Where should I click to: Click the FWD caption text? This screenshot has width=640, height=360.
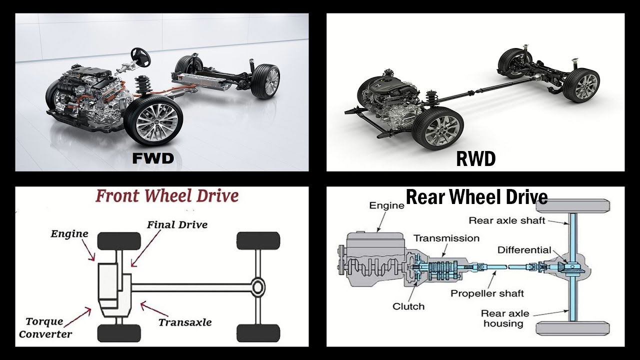tap(152, 158)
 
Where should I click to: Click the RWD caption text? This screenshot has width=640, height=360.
tap(475, 159)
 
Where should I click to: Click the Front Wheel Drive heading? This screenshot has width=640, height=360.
tap(166, 195)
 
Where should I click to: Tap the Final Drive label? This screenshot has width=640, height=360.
tap(177, 224)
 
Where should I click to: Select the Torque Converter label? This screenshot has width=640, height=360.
tap(45, 327)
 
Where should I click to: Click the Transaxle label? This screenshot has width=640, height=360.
tap(184, 322)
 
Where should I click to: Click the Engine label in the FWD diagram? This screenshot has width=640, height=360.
tap(69, 233)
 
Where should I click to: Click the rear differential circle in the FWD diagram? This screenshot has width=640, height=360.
tap(257, 287)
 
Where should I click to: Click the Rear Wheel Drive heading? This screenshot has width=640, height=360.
tap(476, 197)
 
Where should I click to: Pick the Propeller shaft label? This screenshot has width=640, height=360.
tap(487, 293)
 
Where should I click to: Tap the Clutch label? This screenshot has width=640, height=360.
tap(408, 306)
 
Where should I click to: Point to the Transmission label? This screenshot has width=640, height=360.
tap(446, 238)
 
